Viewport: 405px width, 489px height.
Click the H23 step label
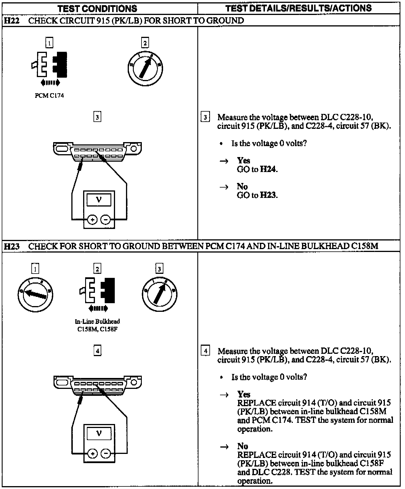(12, 246)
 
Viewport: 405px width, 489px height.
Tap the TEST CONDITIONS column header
(97, 9)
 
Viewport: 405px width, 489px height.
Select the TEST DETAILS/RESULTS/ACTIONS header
(299, 8)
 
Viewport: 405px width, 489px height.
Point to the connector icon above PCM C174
(49, 65)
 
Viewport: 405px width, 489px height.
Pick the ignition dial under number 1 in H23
(35, 295)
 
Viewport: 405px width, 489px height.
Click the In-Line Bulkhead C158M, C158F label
(97, 325)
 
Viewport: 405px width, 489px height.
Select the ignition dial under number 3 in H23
(159, 295)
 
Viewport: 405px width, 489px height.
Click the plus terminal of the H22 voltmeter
(92, 220)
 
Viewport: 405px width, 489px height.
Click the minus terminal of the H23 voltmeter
(106, 454)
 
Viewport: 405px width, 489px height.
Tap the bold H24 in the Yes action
(268, 169)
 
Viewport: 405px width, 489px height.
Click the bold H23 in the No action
(268, 195)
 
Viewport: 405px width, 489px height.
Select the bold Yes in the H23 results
(244, 394)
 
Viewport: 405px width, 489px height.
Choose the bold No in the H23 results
(242, 446)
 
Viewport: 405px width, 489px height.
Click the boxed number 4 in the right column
(205, 351)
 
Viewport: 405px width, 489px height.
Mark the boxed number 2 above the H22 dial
(145, 43)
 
